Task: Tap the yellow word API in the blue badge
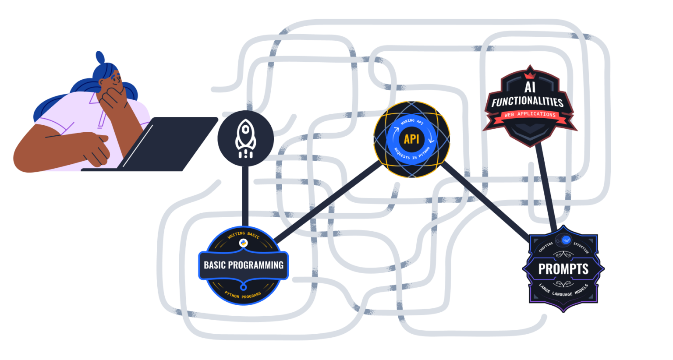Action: [x=411, y=139]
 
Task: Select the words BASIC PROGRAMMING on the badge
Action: [x=244, y=265]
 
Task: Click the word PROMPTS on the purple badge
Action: [x=563, y=268]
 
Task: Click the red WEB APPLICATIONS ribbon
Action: [x=530, y=115]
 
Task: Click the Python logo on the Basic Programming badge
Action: [x=244, y=244]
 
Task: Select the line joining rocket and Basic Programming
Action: [x=245, y=197]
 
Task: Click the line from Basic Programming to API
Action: [x=329, y=201]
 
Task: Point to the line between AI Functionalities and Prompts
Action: [x=546, y=186]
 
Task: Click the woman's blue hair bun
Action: [x=100, y=58]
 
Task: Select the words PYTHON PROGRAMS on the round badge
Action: [x=243, y=296]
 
